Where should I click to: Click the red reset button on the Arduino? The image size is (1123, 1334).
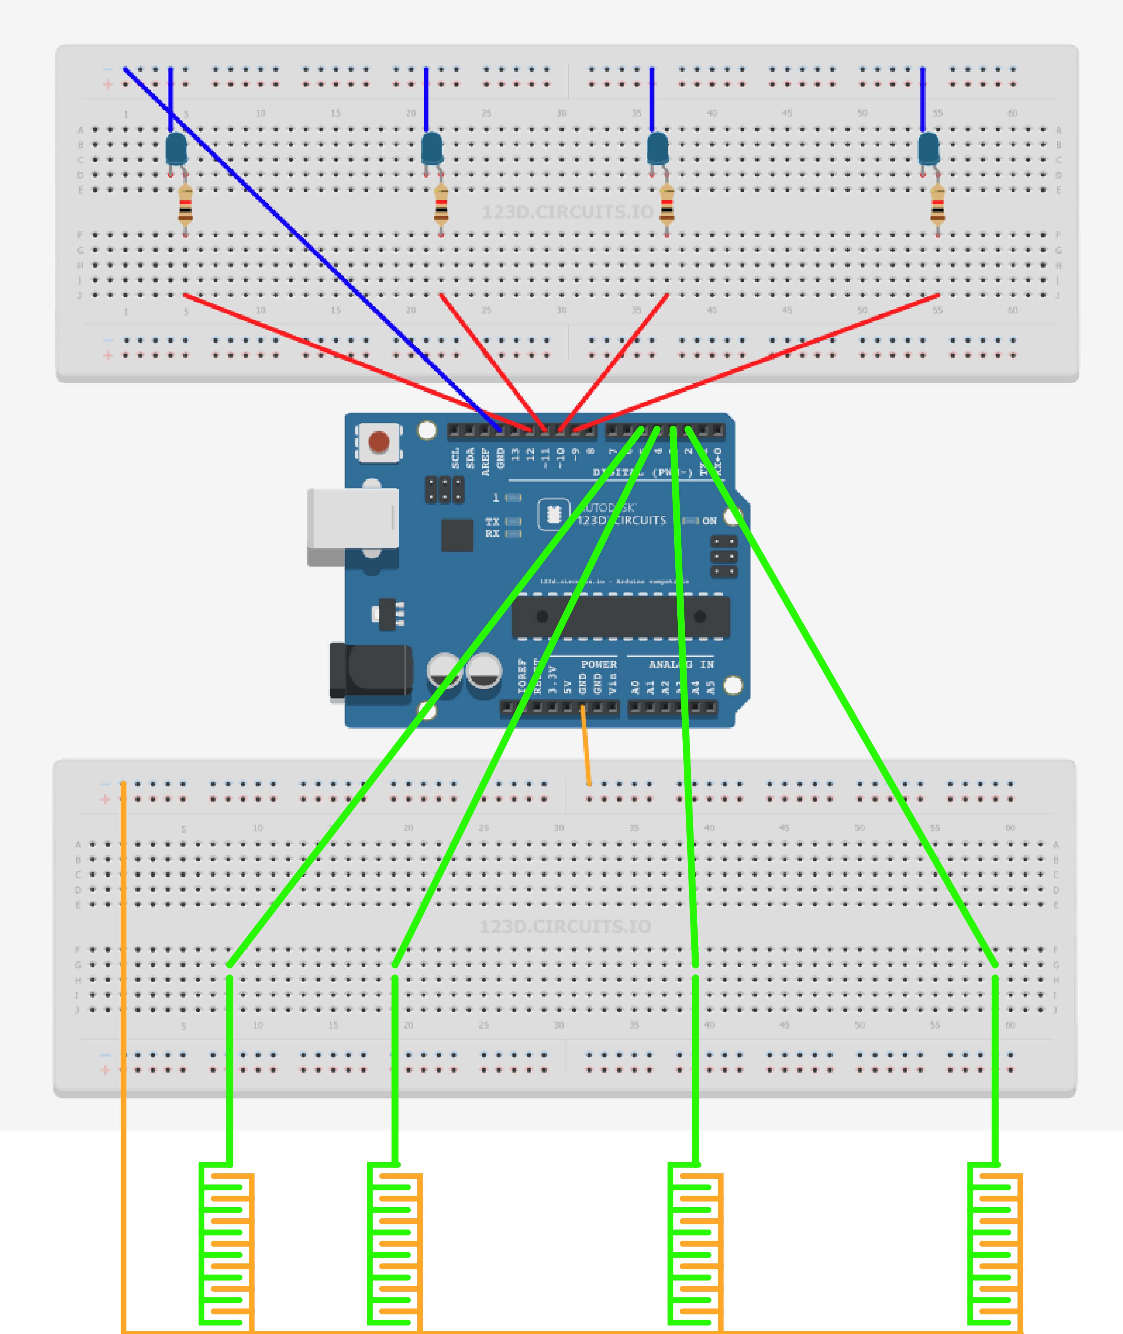(379, 441)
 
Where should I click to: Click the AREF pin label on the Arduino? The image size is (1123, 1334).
(486, 461)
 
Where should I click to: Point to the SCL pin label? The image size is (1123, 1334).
(455, 458)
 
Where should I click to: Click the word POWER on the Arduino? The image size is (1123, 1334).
(599, 664)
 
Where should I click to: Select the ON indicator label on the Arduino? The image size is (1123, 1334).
(709, 521)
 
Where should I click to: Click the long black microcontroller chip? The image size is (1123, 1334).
(621, 616)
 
